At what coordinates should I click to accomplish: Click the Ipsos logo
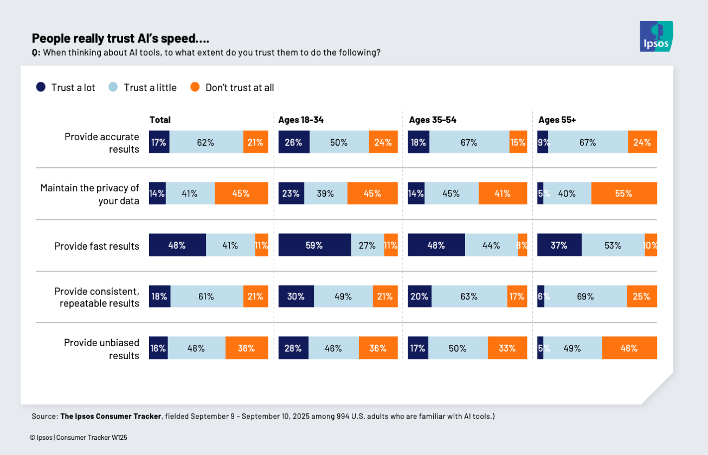656,36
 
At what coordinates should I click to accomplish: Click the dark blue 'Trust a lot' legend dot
41,87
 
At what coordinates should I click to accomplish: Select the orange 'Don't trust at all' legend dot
195,87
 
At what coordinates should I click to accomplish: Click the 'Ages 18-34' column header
301,120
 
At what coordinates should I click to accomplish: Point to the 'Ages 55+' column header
557,120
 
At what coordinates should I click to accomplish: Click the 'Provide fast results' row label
96,246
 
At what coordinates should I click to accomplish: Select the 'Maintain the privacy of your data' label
90,194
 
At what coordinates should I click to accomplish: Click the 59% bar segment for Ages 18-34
314,245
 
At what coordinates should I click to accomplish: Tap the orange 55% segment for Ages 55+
624,193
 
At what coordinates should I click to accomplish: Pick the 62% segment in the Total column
206,142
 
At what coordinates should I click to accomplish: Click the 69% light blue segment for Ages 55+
585,296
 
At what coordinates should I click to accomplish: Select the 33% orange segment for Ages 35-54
507,348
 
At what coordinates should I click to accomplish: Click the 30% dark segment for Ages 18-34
296,296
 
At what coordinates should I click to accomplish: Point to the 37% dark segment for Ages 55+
559,245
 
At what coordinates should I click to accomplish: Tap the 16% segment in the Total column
158,348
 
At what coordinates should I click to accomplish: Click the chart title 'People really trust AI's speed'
120,38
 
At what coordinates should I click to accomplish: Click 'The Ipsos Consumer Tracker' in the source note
111,416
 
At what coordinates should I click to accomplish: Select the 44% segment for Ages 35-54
491,245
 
